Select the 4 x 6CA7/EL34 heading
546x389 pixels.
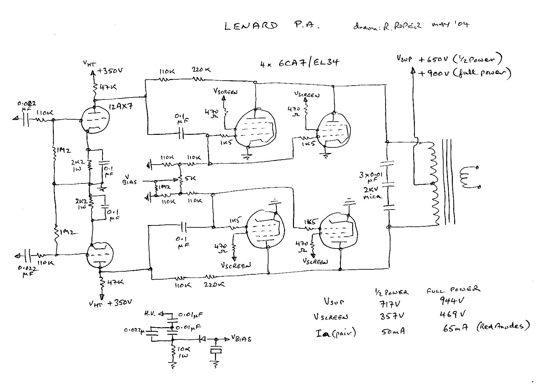click(x=299, y=62)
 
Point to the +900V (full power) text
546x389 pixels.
click(x=464, y=73)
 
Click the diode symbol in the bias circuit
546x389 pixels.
click(x=202, y=339)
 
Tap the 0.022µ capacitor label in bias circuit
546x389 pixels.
click(x=134, y=330)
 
